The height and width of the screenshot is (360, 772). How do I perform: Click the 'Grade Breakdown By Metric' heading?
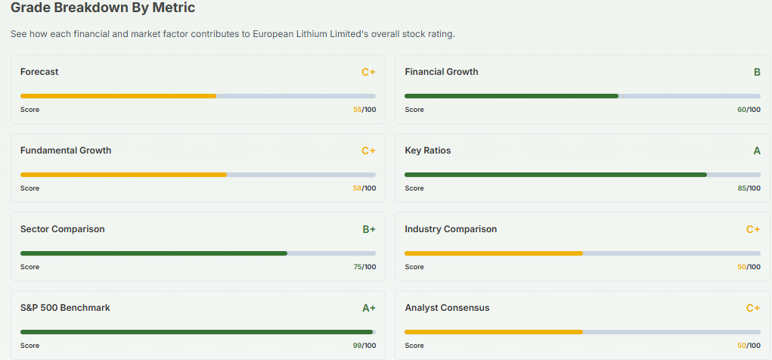coord(103,9)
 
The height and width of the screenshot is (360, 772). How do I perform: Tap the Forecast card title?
coord(39,72)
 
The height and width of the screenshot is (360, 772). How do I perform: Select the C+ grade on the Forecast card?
coord(368,73)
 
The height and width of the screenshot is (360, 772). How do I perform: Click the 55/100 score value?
coord(364,110)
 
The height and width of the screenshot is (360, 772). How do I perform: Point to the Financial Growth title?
coord(441,72)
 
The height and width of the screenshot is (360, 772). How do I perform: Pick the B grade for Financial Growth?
coord(756,73)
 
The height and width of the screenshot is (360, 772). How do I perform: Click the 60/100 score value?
coord(749,110)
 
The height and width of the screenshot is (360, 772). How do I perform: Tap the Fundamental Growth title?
coord(66,151)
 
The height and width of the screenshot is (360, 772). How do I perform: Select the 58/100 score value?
coord(364,188)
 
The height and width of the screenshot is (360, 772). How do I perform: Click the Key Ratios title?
coord(427,151)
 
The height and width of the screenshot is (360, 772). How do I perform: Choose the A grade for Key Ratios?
coord(756,151)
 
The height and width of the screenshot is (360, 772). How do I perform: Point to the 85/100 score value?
coord(749,188)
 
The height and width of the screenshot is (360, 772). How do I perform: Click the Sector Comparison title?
coord(63,229)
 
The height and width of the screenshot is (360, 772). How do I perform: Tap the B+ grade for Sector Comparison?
coord(368,230)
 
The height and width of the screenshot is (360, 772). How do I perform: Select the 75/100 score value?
coord(364,267)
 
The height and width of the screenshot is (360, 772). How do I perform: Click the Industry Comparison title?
coord(451,229)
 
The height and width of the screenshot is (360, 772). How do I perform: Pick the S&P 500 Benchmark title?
coord(65,308)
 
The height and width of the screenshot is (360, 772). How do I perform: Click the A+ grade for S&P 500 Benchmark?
coord(368,309)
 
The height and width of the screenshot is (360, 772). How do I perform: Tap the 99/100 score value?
coord(364,346)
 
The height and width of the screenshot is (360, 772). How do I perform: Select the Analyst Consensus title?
coord(447,308)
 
